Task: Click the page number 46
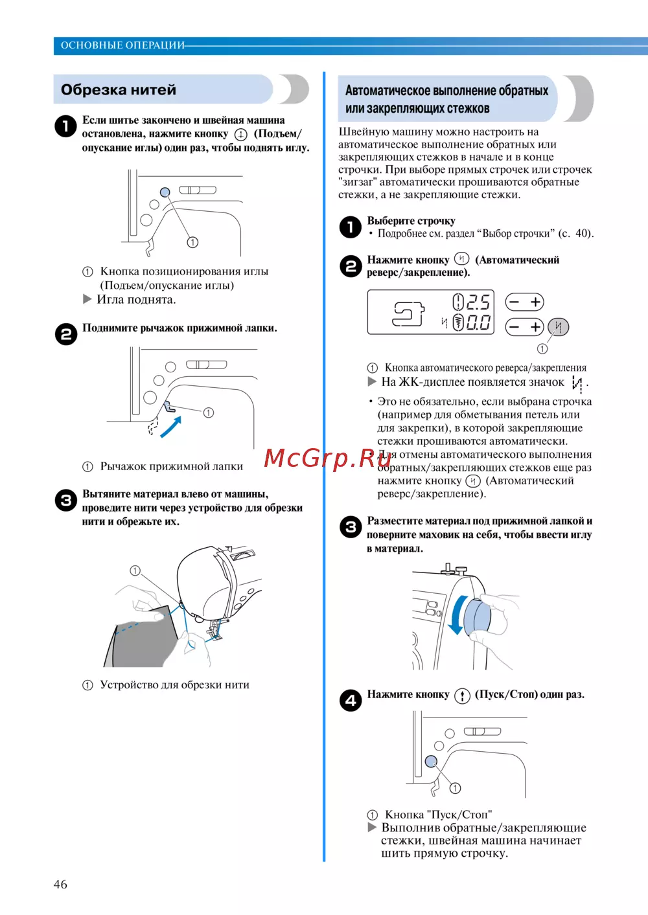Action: (60, 885)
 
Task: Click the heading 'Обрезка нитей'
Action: (119, 90)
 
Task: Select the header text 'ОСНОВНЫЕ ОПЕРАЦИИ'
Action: (122, 45)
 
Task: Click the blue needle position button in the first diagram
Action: (165, 192)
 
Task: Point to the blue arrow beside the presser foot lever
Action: (170, 427)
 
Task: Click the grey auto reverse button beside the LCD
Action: (559, 327)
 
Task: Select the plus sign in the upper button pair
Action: (536, 302)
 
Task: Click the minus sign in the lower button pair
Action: (514, 327)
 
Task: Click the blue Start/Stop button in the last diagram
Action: (431, 762)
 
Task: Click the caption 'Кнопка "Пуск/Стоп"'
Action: (438, 815)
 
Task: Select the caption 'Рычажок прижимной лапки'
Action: (171, 466)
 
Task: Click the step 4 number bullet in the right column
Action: (351, 700)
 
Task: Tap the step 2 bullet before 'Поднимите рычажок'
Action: (65, 334)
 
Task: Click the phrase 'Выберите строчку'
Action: (411, 221)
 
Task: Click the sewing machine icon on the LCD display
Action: (408, 313)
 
